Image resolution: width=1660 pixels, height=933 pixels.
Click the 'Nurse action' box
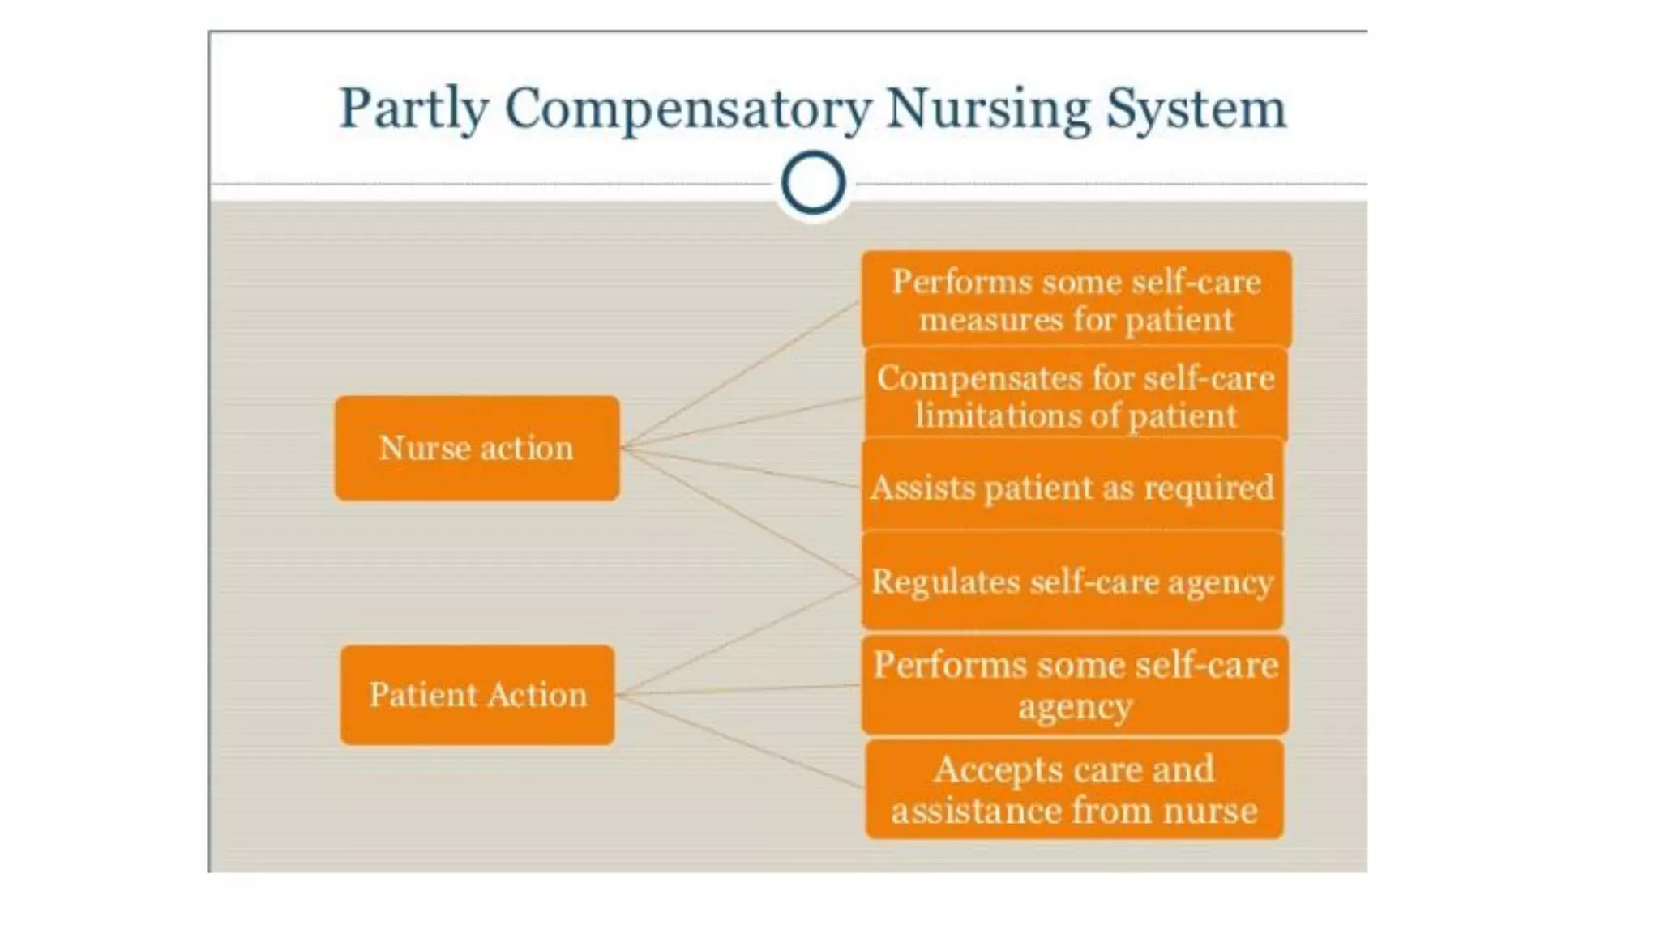[477, 448]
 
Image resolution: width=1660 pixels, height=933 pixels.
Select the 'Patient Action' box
[477, 695]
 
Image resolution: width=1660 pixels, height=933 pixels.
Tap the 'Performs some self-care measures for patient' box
[1076, 300]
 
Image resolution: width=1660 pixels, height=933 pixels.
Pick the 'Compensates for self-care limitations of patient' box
[1076, 396]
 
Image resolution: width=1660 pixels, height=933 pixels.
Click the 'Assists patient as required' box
[1072, 487]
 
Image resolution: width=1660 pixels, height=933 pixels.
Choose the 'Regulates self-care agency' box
[1072, 582]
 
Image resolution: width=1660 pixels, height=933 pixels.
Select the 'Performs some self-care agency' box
[1075, 685]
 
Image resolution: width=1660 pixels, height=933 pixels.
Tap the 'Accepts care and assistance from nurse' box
[1074, 789]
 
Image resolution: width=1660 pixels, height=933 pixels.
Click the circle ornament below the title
[813, 183]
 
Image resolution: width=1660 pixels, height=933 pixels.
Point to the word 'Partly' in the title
[413, 109]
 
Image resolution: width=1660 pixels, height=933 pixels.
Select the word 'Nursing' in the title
[988, 109]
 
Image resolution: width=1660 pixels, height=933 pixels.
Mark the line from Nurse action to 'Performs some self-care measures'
[739, 374]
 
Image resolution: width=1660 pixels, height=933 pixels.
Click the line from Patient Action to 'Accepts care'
[739, 741]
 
